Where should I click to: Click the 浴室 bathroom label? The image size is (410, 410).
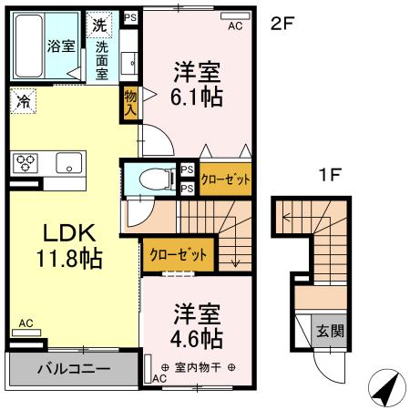click(x=61, y=46)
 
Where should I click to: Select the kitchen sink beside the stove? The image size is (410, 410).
click(x=67, y=164)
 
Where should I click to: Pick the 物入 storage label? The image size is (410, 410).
click(x=130, y=103)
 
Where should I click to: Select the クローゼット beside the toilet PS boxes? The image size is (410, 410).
click(x=225, y=179)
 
